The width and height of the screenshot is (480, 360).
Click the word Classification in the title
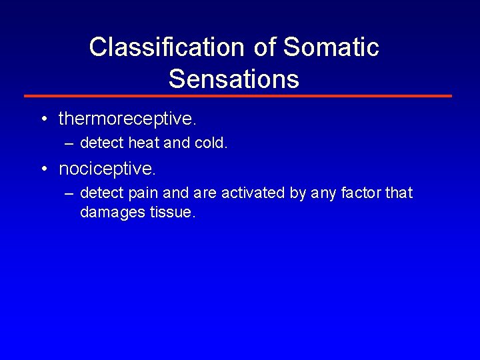[x=167, y=47]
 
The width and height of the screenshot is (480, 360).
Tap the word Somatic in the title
[x=331, y=47]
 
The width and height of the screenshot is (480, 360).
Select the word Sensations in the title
[x=234, y=79]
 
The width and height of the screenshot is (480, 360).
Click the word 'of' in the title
[x=265, y=47]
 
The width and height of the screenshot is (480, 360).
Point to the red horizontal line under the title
[x=238, y=96]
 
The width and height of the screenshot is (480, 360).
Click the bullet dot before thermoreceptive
[x=43, y=120]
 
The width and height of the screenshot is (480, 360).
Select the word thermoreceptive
[x=127, y=119]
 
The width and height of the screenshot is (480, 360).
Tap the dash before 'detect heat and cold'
[x=69, y=143]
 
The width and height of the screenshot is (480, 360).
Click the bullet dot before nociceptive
[x=43, y=170]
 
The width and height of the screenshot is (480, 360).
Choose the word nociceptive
[x=107, y=169]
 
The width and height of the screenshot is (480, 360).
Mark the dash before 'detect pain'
[x=69, y=193]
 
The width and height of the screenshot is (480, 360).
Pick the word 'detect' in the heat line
[x=101, y=143]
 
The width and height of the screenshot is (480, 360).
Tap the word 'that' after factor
[x=399, y=193]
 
